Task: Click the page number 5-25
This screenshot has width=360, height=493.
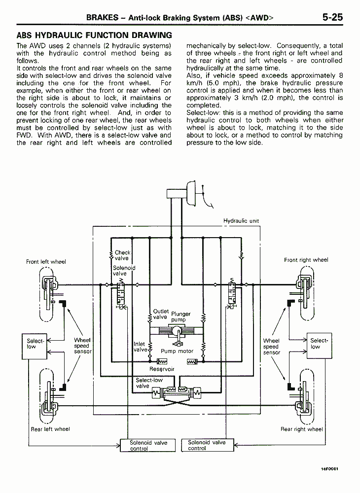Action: tap(332, 17)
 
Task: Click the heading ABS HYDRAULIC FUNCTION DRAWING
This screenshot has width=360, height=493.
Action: tap(94, 35)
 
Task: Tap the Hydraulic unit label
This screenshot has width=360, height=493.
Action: tap(241, 221)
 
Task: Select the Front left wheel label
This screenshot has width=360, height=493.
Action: tap(46, 262)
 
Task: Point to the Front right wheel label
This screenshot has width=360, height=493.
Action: tap(306, 260)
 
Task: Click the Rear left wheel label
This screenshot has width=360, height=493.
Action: tap(50, 429)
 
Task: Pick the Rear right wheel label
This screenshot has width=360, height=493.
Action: tap(301, 429)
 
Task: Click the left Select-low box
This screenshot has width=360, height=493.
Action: tap(34, 346)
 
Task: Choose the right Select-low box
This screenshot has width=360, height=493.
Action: tap(319, 346)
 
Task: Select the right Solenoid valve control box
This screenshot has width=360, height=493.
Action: tap(208, 445)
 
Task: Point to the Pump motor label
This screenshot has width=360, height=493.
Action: tap(177, 351)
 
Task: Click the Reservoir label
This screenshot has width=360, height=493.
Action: tap(162, 369)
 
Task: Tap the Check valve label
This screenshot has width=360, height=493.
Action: tap(122, 255)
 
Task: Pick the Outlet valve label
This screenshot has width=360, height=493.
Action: tap(161, 314)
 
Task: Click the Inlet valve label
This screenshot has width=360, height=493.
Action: tap(140, 347)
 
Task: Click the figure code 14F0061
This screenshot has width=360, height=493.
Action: tap(329, 469)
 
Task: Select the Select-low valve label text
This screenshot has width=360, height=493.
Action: tap(149, 383)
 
